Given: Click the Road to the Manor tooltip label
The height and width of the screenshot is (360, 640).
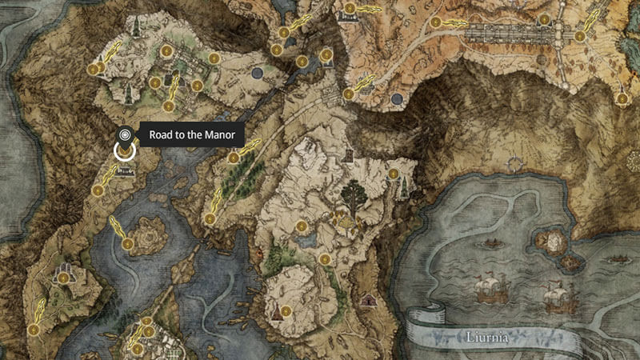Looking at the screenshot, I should pyautogui.click(x=191, y=135).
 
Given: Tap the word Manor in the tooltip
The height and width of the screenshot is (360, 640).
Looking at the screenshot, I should pyautogui.click(x=218, y=135).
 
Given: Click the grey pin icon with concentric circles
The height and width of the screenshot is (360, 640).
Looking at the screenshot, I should pyautogui.click(x=124, y=134).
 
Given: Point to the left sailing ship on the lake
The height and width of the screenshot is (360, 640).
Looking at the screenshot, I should pyautogui.click(x=490, y=290).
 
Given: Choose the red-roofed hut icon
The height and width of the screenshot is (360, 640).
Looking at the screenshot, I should pyautogui.click(x=369, y=300).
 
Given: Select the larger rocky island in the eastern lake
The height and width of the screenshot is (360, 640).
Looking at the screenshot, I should pyautogui.click(x=552, y=241).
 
